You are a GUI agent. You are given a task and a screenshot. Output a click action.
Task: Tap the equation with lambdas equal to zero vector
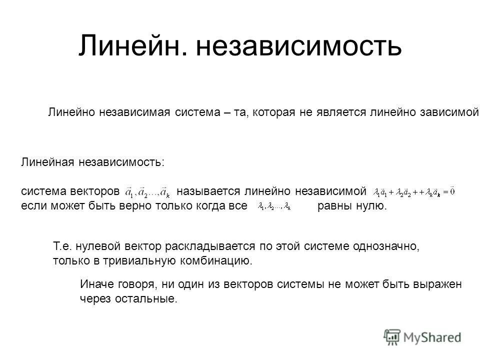[414, 192]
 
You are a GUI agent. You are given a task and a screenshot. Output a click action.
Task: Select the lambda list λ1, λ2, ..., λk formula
[274, 206]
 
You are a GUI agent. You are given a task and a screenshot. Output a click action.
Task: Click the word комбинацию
[220, 260]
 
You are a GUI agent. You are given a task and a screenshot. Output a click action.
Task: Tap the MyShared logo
[422, 336]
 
